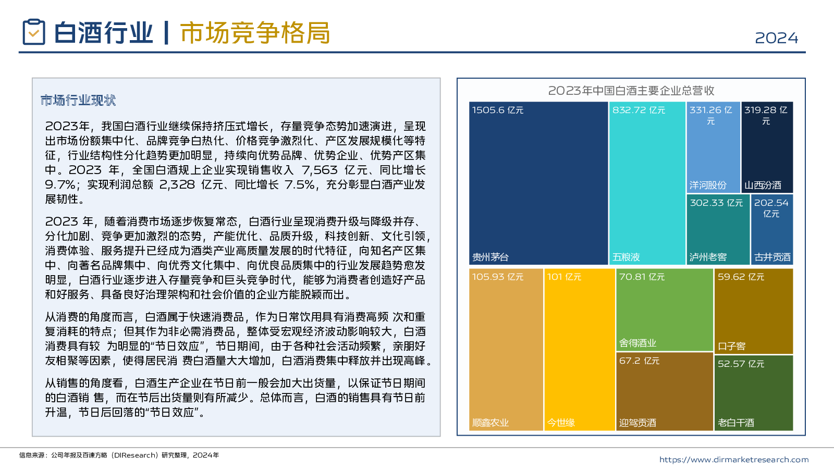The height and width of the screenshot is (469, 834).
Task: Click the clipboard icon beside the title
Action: [34, 32]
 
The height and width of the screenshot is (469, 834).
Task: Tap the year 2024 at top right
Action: [776, 38]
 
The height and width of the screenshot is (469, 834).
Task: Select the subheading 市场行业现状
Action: [78, 100]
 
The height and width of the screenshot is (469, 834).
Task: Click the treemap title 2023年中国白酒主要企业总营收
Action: [631, 91]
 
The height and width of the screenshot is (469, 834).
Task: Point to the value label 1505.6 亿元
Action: [498, 110]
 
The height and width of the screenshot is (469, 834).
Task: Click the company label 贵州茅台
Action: [490, 257]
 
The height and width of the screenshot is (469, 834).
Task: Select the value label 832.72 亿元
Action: [639, 110]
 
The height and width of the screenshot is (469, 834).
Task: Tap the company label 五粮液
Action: [626, 257]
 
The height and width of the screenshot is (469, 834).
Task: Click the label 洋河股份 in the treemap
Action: [708, 185]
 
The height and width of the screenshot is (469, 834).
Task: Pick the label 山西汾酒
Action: [763, 185]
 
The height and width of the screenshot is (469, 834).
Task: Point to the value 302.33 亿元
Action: [716, 203]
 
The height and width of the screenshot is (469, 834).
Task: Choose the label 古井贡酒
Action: [772, 257]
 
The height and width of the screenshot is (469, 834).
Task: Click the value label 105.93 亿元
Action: [498, 277]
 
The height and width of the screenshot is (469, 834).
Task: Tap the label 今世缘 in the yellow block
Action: [561, 423]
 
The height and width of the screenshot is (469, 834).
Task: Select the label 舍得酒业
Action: [637, 343]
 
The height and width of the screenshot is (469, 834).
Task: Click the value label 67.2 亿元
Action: [639, 361]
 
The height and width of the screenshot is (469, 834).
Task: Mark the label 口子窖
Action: [732, 346]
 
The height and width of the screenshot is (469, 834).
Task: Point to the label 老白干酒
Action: [736, 423]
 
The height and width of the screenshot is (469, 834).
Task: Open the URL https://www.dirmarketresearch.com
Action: [734, 460]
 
